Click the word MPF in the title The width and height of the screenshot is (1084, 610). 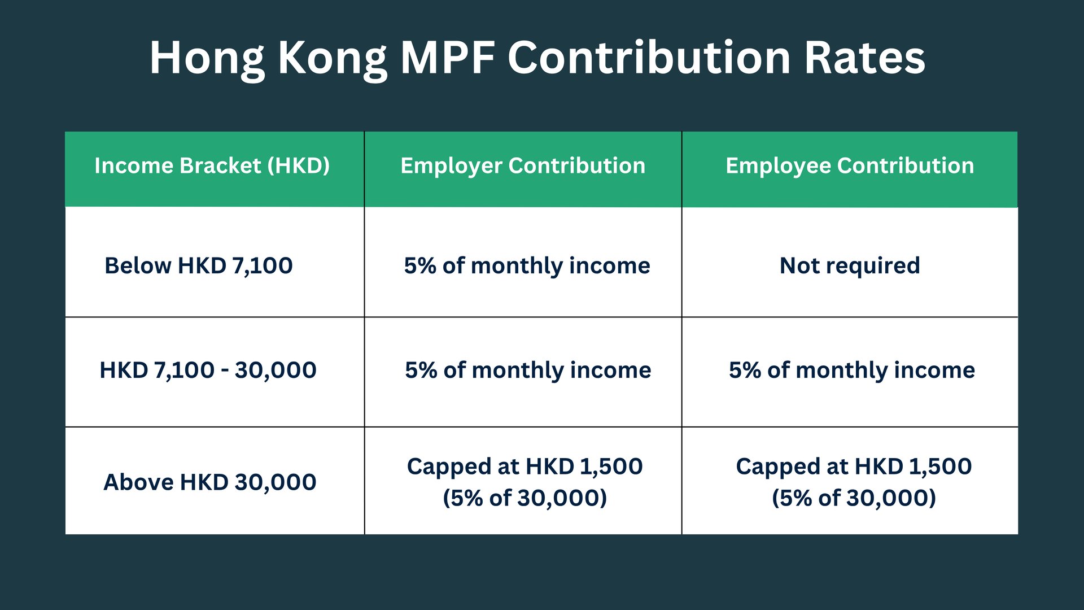click(x=448, y=58)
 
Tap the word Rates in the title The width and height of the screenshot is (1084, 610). click(x=864, y=58)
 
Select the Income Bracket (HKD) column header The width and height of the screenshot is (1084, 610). click(x=212, y=166)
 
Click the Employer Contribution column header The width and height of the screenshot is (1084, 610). click(x=523, y=166)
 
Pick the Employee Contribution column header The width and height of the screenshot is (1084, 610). click(x=850, y=166)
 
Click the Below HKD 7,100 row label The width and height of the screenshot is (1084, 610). click(x=199, y=265)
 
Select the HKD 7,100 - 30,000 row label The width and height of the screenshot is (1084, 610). click(x=208, y=371)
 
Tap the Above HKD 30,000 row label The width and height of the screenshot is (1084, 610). click(x=210, y=482)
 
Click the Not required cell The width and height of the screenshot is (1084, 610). click(x=850, y=265)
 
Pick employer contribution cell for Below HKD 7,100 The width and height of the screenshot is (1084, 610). click(x=527, y=265)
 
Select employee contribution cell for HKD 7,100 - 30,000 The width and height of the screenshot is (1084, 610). click(x=851, y=371)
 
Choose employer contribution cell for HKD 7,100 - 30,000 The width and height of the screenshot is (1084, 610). click(x=528, y=371)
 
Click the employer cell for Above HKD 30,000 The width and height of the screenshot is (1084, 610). click(x=524, y=482)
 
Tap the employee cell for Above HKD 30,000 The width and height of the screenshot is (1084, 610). click(x=854, y=482)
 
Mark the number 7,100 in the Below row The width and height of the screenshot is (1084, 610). click(x=263, y=266)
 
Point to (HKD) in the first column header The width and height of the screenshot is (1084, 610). click(x=299, y=166)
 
